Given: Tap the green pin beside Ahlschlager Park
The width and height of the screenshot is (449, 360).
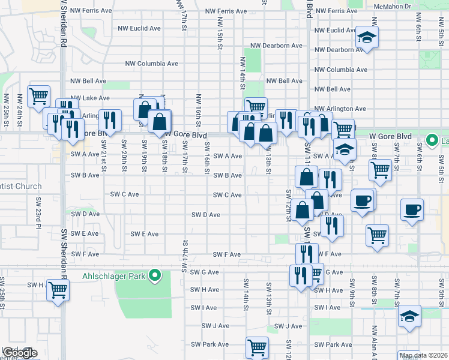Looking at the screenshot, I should tap(155, 276).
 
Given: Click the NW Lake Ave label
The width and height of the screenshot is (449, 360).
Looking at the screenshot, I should tap(90, 98).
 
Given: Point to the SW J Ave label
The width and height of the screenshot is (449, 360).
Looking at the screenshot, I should tap(288, 326).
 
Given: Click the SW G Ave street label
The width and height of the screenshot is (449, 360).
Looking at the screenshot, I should tap(205, 272).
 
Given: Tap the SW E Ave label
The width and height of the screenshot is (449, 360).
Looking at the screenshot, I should tap(145, 234).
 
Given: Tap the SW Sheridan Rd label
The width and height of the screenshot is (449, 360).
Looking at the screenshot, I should tap(64, 249).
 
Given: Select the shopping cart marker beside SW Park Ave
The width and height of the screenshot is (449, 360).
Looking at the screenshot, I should tap(257, 347).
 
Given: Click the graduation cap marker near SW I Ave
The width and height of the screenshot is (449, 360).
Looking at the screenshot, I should tap(410, 316).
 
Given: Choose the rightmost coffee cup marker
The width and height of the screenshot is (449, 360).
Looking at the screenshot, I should tap(412, 209).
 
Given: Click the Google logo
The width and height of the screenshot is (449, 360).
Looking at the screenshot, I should tap(19, 353).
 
